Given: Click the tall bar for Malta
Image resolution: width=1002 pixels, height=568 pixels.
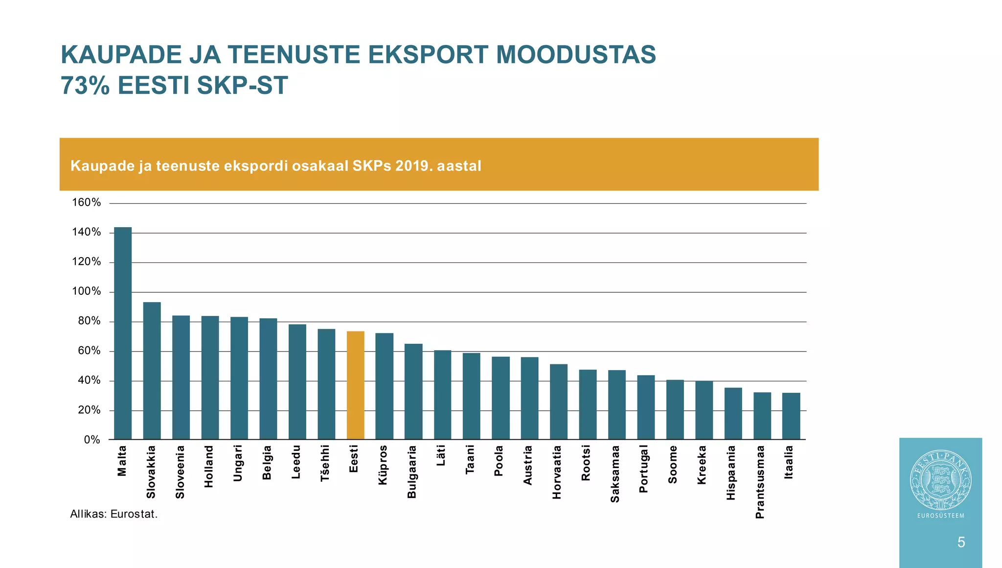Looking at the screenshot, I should pos(123,333).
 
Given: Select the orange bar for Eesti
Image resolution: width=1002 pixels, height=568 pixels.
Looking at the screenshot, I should pos(355,385).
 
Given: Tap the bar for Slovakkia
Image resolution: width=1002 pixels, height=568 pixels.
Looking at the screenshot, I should pos(152,371).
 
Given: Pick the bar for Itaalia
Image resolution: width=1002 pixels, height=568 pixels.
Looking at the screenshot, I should pos(791,416).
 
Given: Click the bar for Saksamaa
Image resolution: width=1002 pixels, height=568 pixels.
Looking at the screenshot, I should pos(616,404).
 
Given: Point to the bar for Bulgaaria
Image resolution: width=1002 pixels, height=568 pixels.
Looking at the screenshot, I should pos(413,392).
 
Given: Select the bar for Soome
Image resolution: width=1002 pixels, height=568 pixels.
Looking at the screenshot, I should pos(675,409).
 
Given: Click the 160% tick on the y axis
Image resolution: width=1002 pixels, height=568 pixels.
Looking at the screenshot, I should pos(86,203).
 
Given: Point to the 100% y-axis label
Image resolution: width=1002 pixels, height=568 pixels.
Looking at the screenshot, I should pos(86,292).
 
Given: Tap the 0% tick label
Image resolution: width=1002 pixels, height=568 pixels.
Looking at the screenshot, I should pos(91,440).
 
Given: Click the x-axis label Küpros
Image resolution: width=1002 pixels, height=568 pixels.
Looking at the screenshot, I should pos(383,465).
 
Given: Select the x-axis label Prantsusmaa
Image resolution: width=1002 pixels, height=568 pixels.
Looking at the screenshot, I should pos(760,482).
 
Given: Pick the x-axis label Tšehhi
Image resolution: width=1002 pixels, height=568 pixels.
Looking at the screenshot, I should pos(325,463).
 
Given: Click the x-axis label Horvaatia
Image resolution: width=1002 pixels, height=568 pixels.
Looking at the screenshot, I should pos(557,472).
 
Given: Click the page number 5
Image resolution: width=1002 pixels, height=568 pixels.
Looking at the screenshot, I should pos(961,542).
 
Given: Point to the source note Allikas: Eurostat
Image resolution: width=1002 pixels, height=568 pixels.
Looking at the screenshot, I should pos(114,514).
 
